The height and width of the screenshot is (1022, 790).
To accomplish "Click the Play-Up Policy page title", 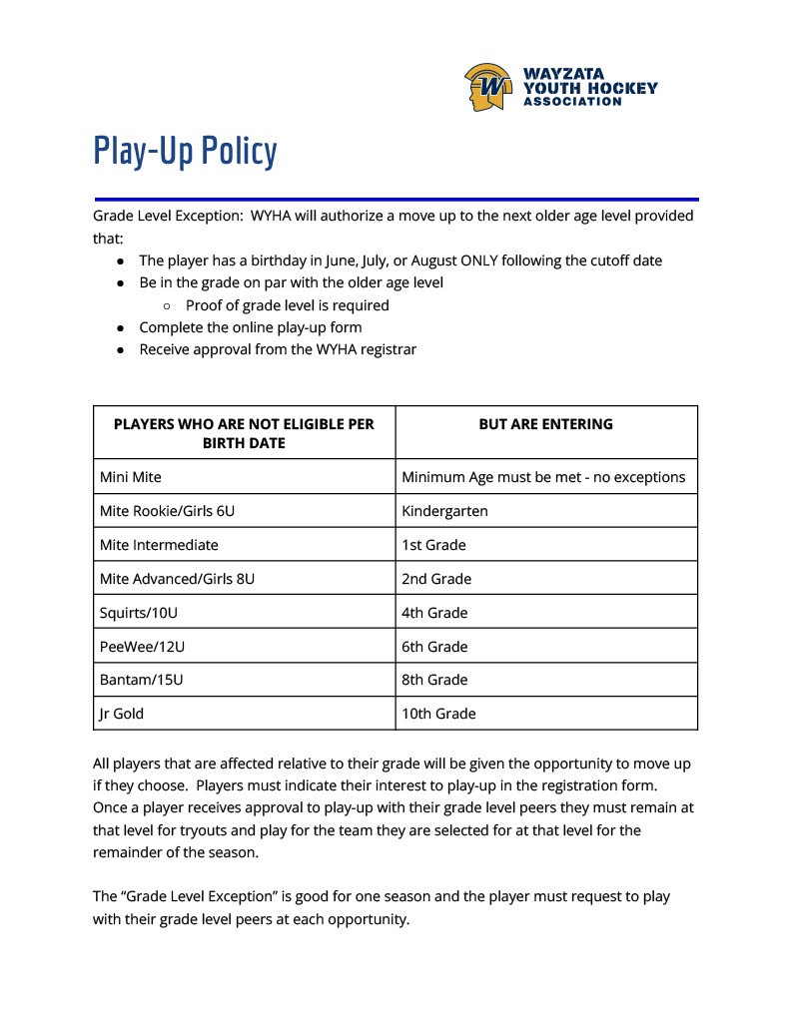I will coord(185,152).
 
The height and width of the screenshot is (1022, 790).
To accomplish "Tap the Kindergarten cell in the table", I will coord(444,511).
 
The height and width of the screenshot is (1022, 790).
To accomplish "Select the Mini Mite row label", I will coord(131,477).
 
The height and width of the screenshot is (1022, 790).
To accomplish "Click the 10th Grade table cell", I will coord(438,714).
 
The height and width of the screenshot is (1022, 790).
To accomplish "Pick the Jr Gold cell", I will coord(122,714).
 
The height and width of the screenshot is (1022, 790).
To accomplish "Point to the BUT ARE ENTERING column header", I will coord(545,424).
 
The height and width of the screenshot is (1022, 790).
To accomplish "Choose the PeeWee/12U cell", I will coord(142,647).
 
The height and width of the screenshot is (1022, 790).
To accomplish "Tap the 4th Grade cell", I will coord(434,613).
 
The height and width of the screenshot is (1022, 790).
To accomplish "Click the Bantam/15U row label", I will coord(142,680).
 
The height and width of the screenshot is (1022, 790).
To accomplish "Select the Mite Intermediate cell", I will coord(159,545).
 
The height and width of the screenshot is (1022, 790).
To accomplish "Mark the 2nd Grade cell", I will coord(436,579).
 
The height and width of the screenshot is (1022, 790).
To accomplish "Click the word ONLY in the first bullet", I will coord(483,260).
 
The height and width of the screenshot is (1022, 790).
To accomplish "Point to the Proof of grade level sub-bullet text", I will coord(287,305).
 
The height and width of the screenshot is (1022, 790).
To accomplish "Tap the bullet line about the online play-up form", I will coord(250,327).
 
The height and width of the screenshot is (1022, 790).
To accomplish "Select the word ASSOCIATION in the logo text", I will coord(572,101).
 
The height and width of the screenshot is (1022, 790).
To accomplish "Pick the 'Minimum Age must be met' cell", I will coord(543,477).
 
